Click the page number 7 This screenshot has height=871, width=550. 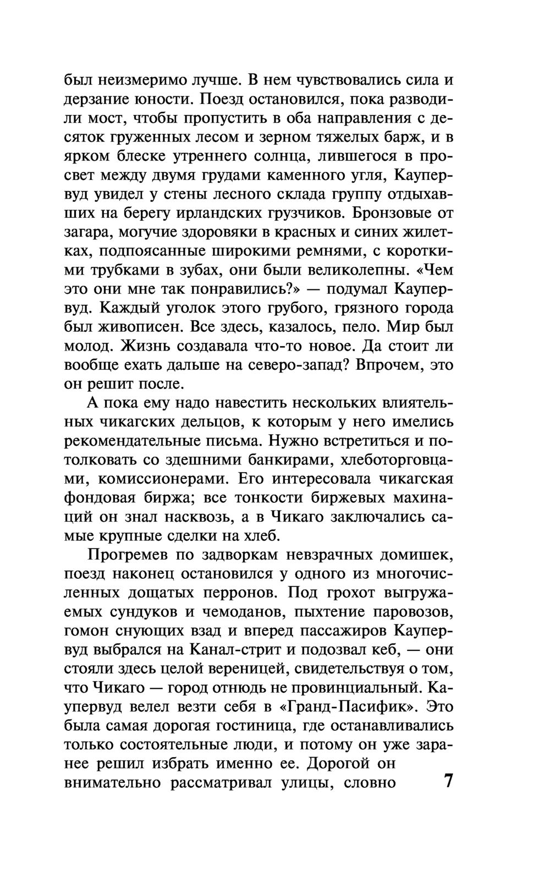[x=448, y=781]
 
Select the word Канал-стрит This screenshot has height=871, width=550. [x=235, y=649]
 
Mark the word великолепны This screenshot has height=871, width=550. [x=340, y=270]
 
